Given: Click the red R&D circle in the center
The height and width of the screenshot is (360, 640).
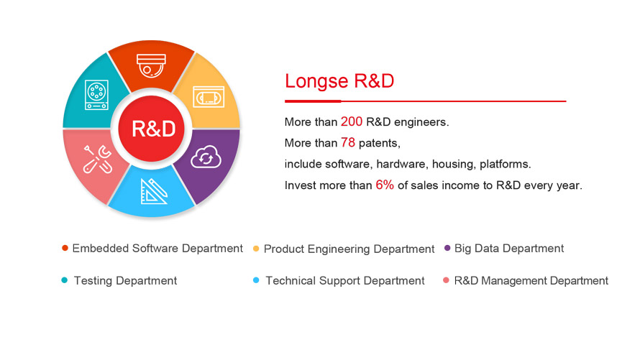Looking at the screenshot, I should [152, 129].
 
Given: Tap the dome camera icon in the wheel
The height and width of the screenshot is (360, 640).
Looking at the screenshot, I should [152, 65].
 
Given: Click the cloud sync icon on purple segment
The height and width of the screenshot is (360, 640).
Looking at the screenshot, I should [207, 157].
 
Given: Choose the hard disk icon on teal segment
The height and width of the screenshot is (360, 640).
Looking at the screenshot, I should [96, 95].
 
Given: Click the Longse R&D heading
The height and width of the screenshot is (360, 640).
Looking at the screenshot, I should [339, 80].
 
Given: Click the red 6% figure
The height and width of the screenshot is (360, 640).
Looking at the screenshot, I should [385, 185].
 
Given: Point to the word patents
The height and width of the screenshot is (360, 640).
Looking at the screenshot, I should [380, 144].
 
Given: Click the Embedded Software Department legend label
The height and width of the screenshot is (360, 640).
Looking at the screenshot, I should [157, 249].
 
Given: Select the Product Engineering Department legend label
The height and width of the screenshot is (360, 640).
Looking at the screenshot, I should [349, 249].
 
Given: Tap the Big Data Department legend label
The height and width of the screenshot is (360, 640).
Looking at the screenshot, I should [509, 249].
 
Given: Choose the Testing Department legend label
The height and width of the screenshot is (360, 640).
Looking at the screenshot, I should [125, 281].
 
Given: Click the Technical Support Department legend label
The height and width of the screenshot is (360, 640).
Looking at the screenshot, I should [345, 281].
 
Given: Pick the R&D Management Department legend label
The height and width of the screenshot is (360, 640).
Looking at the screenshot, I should [531, 281].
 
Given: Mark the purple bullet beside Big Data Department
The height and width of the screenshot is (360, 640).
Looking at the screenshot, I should [447, 249].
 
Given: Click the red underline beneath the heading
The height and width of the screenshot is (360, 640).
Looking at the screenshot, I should [425, 101].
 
